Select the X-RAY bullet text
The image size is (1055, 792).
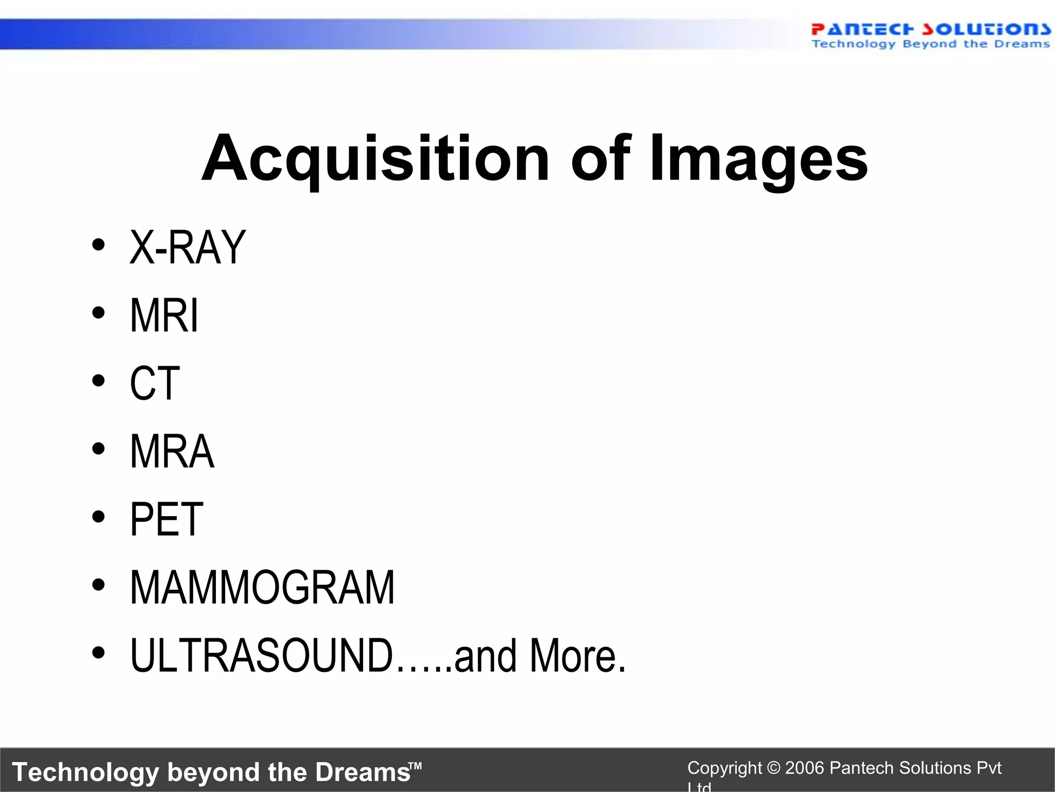[188, 247]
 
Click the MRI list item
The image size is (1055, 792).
[164, 316]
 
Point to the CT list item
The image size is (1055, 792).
[155, 384]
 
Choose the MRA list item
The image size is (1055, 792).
[172, 452]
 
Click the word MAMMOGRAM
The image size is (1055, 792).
[262, 588]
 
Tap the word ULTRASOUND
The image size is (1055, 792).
[262, 656]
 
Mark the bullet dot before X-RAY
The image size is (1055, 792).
[98, 245]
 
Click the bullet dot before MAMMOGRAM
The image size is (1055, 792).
[98, 585]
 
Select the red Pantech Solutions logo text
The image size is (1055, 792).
[930, 29]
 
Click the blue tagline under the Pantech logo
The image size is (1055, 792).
[930, 44]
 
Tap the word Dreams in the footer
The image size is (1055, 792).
[363, 772]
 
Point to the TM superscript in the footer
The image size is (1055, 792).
[416, 766]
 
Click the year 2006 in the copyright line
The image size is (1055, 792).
[805, 768]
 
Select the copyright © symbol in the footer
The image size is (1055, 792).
[773, 768]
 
